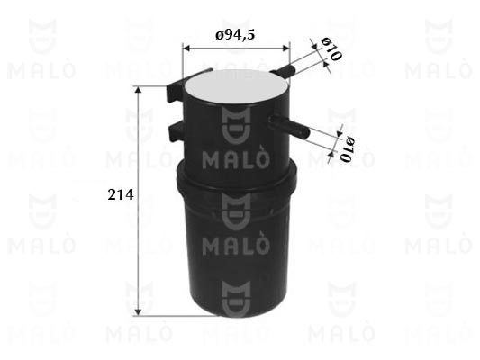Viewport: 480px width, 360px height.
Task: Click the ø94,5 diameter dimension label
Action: [235, 35]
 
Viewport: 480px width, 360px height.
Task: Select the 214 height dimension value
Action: [121, 195]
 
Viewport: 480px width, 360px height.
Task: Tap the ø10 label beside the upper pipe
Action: [331, 49]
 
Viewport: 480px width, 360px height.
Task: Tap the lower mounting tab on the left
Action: [177, 130]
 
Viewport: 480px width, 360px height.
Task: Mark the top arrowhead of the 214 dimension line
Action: [139, 90]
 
